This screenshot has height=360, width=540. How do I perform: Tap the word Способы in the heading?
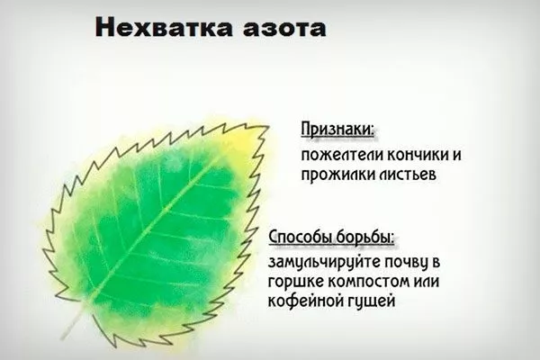(x=302, y=238)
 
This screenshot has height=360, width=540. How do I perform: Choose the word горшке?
(x=294, y=283)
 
